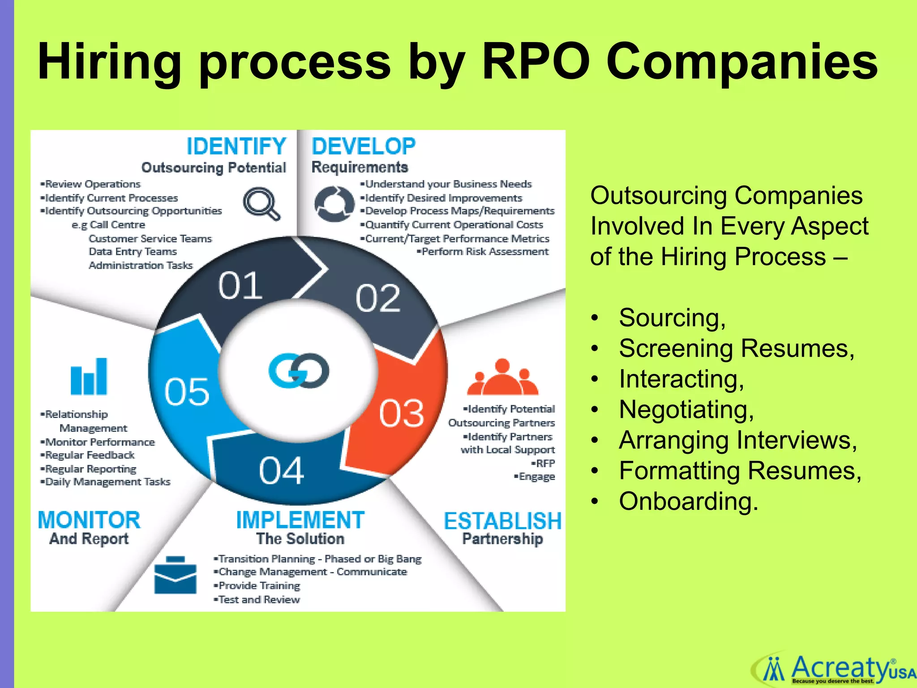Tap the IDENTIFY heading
click(x=236, y=146)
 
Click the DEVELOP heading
click(x=364, y=146)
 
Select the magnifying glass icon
click(x=261, y=203)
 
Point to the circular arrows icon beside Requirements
click(x=334, y=204)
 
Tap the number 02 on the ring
click(x=377, y=299)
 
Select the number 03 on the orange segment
click(x=401, y=413)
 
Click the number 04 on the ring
click(x=281, y=471)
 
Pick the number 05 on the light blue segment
click(x=187, y=391)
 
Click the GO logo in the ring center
click(x=299, y=371)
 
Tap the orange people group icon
click(x=502, y=377)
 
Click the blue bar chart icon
click(x=89, y=376)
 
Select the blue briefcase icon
click(x=175, y=575)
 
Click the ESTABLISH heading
click(x=502, y=521)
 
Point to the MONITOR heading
click(x=89, y=520)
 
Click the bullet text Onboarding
click(x=688, y=501)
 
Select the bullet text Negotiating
click(x=686, y=409)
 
